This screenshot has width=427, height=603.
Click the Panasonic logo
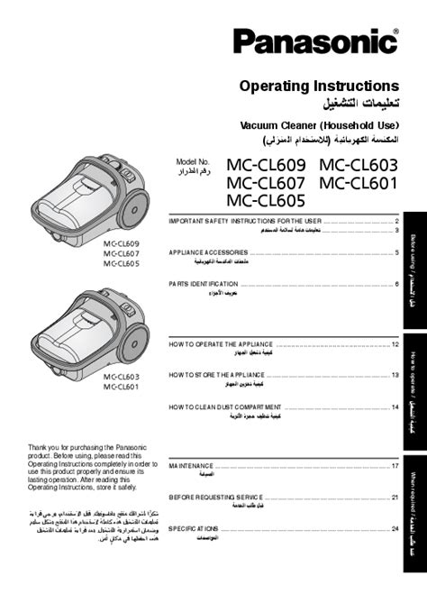[316, 41]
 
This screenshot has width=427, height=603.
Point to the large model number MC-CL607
[267, 182]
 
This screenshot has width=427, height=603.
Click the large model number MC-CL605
[267, 200]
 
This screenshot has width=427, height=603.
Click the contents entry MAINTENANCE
[191, 465]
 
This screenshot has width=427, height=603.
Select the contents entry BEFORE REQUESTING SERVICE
[216, 497]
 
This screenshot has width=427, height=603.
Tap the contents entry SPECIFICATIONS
[194, 528]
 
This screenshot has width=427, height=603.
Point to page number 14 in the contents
[395, 407]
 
